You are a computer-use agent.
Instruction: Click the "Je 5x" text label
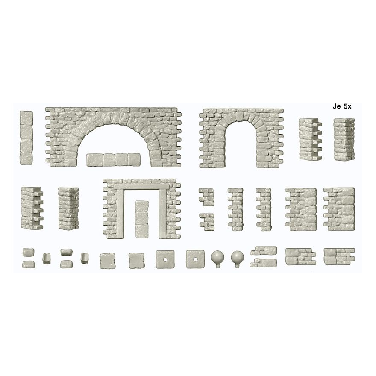(342, 106)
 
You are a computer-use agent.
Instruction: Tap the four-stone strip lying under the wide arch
(113, 160)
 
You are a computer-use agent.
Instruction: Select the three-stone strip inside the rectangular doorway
(142, 219)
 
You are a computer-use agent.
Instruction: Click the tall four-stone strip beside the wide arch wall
(26, 138)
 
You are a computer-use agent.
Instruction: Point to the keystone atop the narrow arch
(240, 116)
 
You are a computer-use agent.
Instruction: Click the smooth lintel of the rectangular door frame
(140, 187)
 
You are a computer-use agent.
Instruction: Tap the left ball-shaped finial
(217, 258)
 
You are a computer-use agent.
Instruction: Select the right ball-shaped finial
(238, 258)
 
